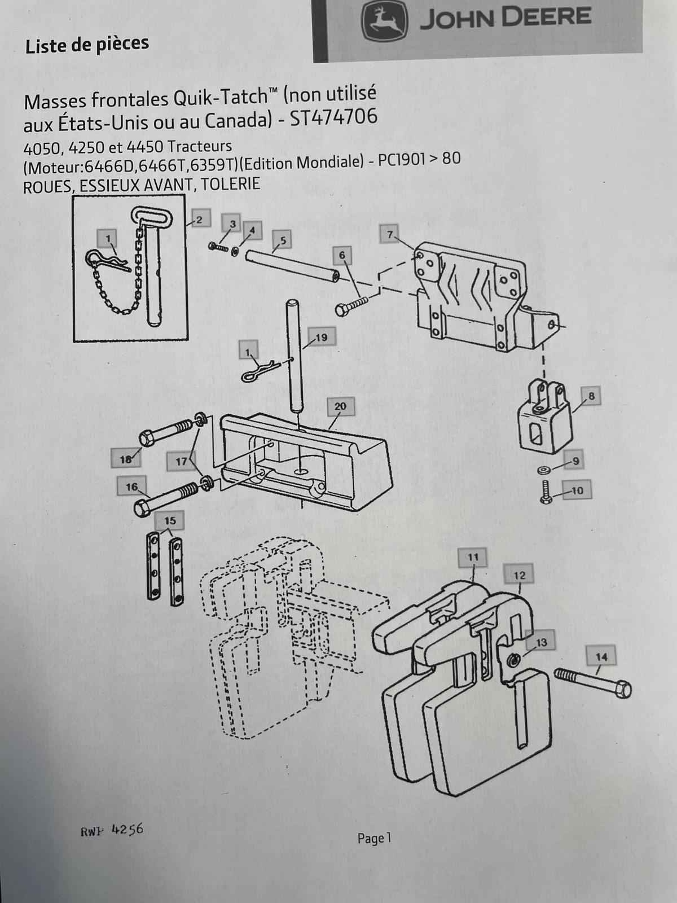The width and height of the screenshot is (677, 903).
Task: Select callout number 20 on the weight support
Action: coord(340,406)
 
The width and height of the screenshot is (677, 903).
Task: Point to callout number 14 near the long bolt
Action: coord(601,657)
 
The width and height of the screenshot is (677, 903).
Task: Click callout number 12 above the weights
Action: coord(520,575)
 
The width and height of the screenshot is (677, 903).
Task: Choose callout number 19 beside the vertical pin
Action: coord(321,337)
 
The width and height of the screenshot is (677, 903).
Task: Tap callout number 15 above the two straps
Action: coord(170,520)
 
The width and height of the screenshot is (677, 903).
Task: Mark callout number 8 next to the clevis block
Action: coord(591,396)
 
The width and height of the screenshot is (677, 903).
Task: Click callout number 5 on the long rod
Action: coord(283,240)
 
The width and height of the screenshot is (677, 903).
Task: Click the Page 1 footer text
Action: coord(374,839)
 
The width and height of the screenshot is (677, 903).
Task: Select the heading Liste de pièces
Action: coord(87,45)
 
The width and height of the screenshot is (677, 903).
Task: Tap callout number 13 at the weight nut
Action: coord(540,642)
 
